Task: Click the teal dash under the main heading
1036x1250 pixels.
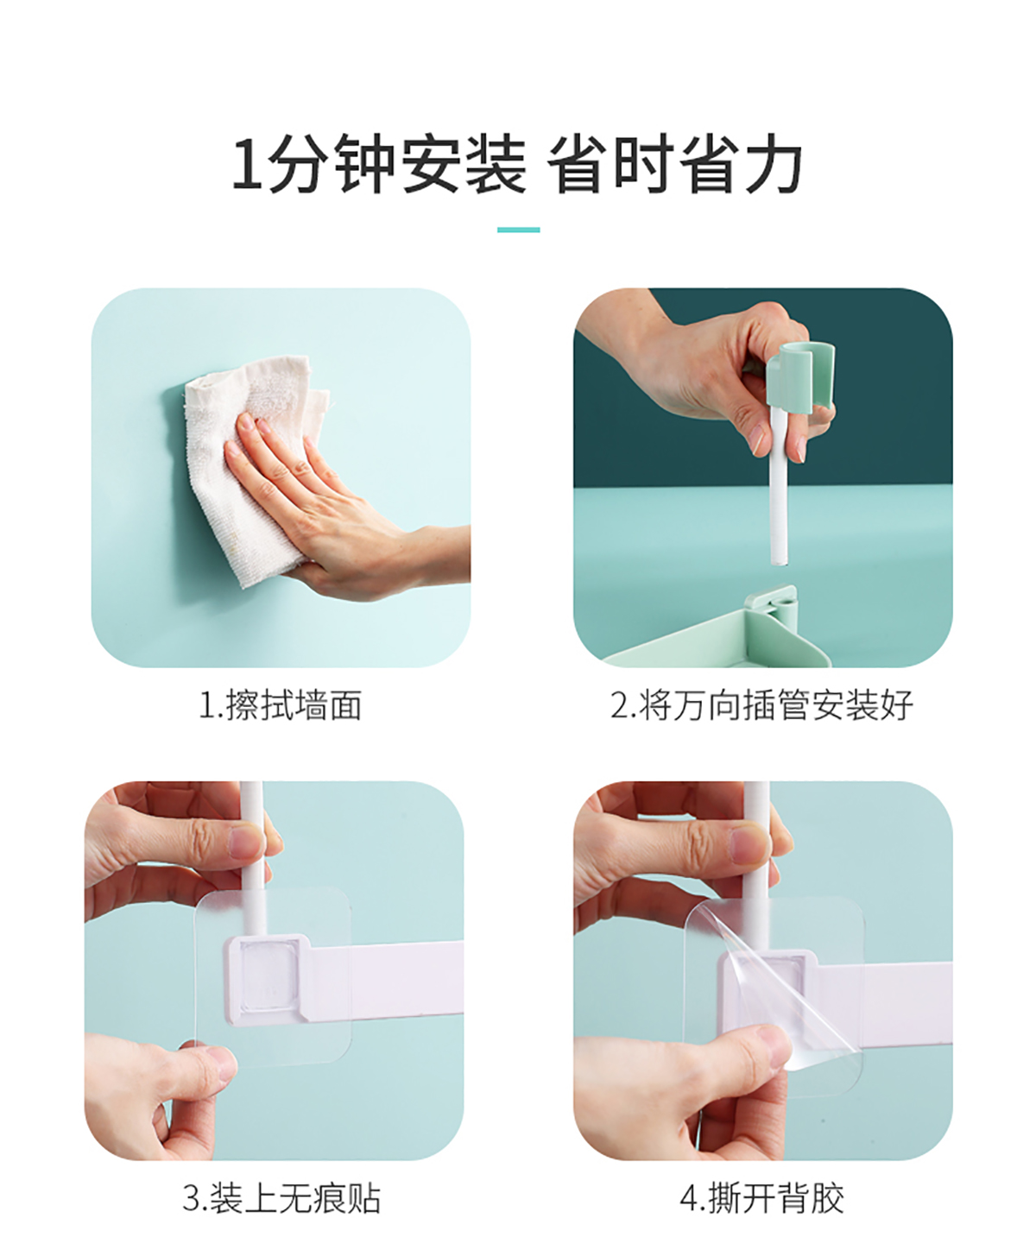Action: tap(518, 230)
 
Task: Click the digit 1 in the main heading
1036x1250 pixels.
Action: tap(247, 164)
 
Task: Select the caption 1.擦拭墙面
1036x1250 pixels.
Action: tap(280, 705)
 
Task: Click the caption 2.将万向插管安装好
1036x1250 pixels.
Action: tap(761, 705)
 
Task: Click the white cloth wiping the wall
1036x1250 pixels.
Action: tap(251, 467)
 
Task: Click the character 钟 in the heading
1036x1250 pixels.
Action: tap(364, 163)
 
